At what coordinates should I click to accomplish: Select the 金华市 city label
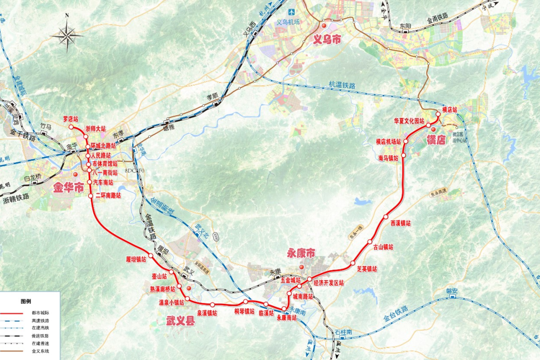coord(67,188)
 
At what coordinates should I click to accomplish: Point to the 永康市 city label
coord(301,254)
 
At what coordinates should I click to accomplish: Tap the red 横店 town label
coord(436,140)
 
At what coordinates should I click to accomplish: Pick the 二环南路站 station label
coord(108,196)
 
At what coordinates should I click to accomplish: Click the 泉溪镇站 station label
coord(206,313)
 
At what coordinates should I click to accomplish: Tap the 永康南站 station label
coord(286,317)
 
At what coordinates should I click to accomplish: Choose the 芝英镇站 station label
coord(367,269)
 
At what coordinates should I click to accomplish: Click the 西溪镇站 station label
coord(400,223)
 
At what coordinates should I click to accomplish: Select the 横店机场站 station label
coord(389,142)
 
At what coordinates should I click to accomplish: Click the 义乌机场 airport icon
coord(292,11)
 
